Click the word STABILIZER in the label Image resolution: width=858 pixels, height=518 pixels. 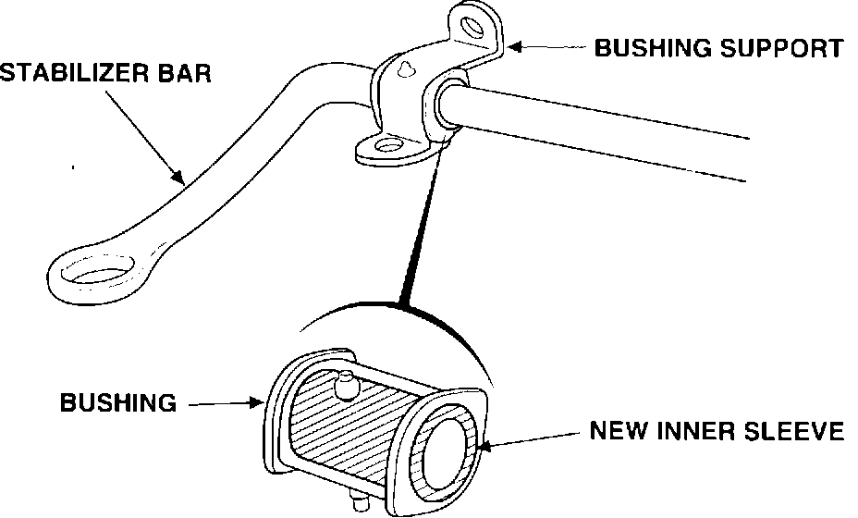(79, 72)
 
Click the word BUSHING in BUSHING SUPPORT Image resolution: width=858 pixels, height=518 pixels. (653, 47)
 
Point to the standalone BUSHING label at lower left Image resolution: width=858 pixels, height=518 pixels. (118, 402)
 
